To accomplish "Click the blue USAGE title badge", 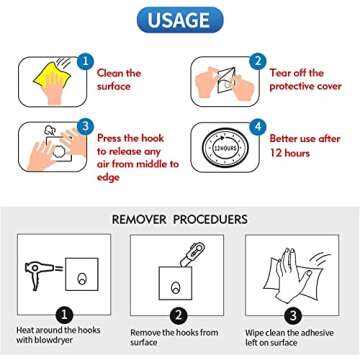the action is (180, 20).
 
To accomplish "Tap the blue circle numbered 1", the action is (86, 61).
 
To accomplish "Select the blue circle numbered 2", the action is (258, 61).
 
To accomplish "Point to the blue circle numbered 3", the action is (86, 126).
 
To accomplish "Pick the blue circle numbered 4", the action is (258, 127).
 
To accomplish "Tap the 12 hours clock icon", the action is (225, 147).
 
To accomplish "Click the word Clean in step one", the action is (110, 73).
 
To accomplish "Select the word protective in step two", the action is (290, 87).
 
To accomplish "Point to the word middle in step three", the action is (148, 164).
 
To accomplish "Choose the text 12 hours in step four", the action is (290, 153).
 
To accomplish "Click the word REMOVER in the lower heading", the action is (139, 220).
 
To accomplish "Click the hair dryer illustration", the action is (39, 274).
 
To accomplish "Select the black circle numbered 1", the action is (64, 315).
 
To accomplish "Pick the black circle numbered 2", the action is (178, 316).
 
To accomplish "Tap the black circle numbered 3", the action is (292, 316).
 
